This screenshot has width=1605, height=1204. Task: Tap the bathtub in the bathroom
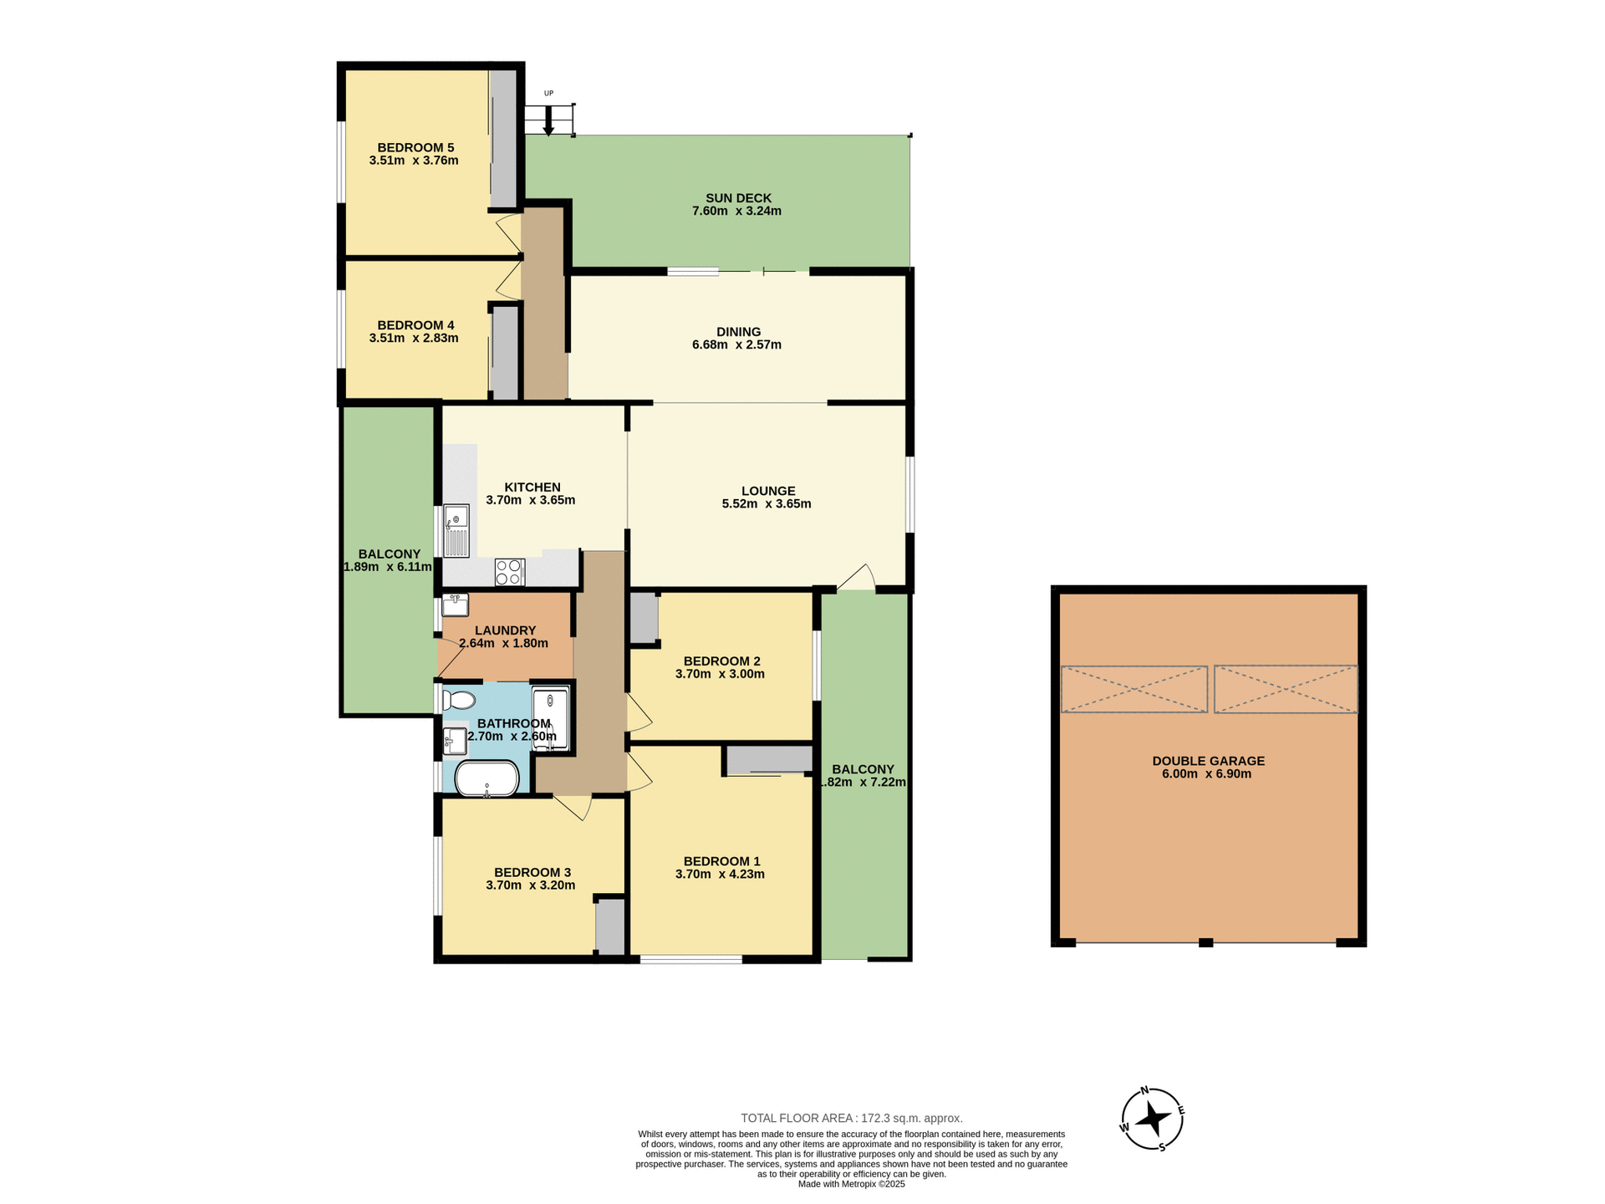click(487, 778)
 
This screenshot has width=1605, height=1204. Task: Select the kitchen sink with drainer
click(456, 531)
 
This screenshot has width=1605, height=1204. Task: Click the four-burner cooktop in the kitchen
click(509, 572)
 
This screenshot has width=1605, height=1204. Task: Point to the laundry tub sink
click(456, 605)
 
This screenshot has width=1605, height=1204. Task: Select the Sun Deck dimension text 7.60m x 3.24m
click(736, 212)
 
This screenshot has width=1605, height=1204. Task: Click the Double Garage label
click(1208, 761)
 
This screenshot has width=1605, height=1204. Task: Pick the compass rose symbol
click(1152, 1119)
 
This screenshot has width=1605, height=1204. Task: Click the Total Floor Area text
click(851, 1118)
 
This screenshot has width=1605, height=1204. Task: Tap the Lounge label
click(768, 491)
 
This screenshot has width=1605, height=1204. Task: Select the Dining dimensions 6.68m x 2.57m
click(736, 344)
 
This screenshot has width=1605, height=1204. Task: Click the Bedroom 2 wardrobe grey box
click(643, 618)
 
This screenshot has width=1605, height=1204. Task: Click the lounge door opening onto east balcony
click(857, 579)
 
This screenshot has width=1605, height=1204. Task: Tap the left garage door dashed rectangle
click(1134, 689)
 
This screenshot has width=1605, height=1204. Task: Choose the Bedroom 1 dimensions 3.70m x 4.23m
click(720, 875)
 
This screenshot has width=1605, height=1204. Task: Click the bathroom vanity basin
click(456, 741)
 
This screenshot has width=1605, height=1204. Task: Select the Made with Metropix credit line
click(851, 1184)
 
